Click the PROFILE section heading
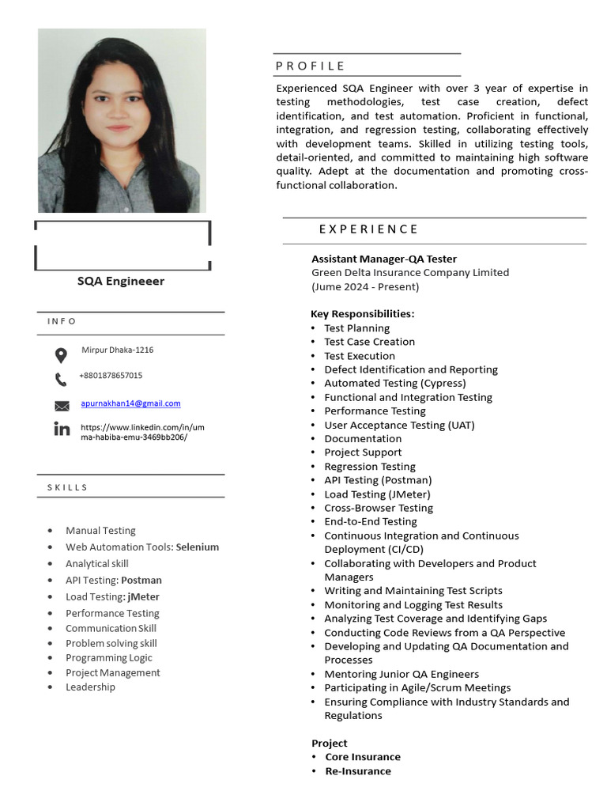(310, 66)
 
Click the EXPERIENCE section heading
(368, 229)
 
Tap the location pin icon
(61, 355)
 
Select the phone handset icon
(61, 380)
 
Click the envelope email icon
(62, 406)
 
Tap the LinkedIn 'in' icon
(62, 430)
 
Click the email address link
(130, 403)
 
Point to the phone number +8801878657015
(111, 376)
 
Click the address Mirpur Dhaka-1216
(117, 350)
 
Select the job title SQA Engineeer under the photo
(121, 281)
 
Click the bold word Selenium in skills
(198, 547)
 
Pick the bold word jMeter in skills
(143, 596)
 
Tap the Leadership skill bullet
(90, 687)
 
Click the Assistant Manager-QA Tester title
(384, 259)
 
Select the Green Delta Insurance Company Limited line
(410, 272)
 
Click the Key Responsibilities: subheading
(362, 314)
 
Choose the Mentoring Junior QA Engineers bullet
(402, 674)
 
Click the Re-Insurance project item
(358, 770)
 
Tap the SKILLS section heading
(62, 487)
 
